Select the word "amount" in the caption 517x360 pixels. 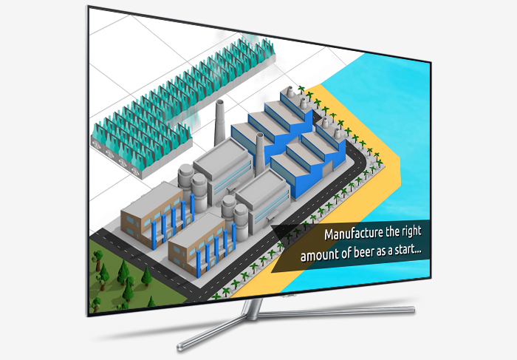pyautogui.click(x=322, y=257)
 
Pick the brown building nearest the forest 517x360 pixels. pyautogui.click(x=151, y=214)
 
